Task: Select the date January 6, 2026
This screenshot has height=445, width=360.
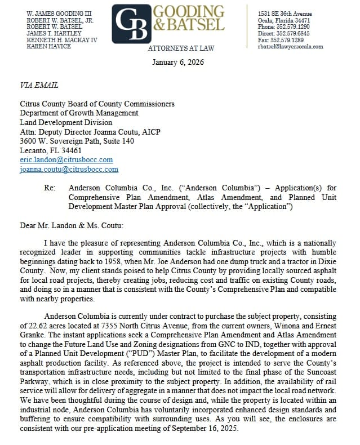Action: coord(178,62)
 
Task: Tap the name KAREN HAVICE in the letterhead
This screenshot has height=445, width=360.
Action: coord(49,46)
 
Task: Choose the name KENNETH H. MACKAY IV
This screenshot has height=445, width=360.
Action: coord(62,39)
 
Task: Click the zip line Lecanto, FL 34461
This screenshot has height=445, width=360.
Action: coord(51,151)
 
